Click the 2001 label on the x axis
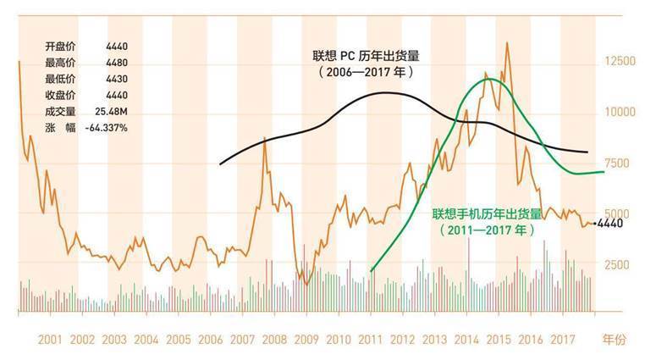coord(50,341)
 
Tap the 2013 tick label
coord(435,341)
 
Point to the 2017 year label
coord(563,341)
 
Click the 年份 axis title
coord(614,341)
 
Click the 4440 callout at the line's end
coord(610,224)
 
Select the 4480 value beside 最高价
coord(119,63)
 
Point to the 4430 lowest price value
coord(119,79)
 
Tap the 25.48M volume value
coord(112,111)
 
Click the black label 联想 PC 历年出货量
coord(366,57)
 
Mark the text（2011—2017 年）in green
coord(486,230)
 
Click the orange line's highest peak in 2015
coord(507,42)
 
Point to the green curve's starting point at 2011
coord(372,271)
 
